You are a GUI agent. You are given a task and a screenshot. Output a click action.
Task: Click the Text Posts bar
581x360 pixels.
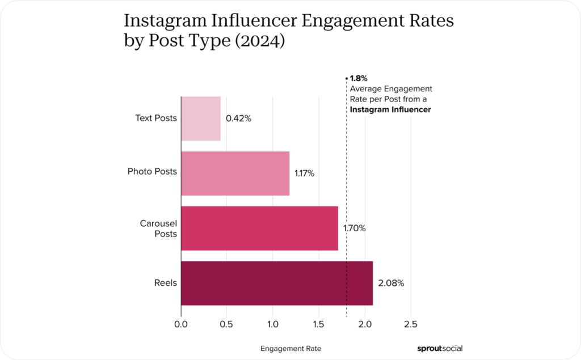pos(201,118)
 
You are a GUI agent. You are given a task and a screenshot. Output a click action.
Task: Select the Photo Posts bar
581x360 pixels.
pos(235,173)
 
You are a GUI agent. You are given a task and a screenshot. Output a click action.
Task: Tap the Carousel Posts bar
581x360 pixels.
pos(259,228)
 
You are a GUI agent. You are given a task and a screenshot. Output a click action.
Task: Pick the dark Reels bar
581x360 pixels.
pos(277,283)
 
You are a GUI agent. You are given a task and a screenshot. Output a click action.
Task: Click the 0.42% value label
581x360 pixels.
pos(238,118)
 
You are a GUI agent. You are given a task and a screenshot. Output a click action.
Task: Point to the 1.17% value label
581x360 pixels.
pos(304,173)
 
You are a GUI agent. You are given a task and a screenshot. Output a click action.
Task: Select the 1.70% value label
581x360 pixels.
pos(354,228)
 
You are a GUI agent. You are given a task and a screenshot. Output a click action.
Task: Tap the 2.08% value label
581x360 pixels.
pos(391,283)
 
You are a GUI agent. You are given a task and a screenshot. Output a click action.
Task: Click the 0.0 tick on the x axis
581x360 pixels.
pos(181,324)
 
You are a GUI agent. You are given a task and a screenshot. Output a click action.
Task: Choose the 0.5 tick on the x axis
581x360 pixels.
pos(227,324)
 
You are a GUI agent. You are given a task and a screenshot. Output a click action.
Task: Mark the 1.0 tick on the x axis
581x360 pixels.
pos(273,324)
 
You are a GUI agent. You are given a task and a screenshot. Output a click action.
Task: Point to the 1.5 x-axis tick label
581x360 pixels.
pos(319,324)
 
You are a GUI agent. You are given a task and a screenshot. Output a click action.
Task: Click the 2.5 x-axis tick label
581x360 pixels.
pos(411,324)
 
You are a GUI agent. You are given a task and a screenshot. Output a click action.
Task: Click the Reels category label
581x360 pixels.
pos(165,283)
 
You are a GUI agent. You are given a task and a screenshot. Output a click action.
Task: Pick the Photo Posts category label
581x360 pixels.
pos(152,171)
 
